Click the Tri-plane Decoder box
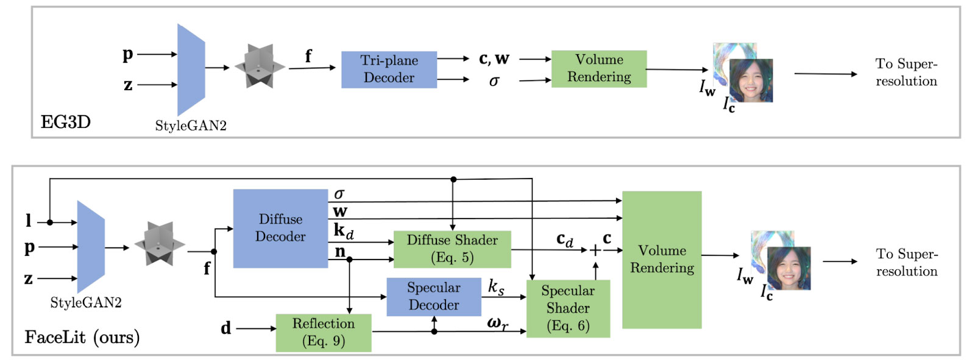(x=389, y=69)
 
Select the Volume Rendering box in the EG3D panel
(x=599, y=68)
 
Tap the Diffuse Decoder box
(x=280, y=228)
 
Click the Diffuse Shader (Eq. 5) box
(x=452, y=249)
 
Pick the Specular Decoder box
(x=434, y=297)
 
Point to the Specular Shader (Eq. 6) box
(x=567, y=309)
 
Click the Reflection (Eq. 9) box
(x=324, y=333)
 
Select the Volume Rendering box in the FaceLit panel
(x=662, y=259)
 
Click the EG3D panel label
(x=66, y=122)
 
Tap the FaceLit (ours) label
(x=82, y=337)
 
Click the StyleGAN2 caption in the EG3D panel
(x=191, y=126)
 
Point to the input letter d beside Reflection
(x=226, y=328)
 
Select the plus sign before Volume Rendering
(x=595, y=250)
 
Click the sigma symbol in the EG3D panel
(x=494, y=82)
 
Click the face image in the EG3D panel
(x=751, y=80)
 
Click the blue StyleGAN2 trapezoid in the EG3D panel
(x=191, y=69)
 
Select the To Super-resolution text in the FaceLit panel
(x=907, y=263)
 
